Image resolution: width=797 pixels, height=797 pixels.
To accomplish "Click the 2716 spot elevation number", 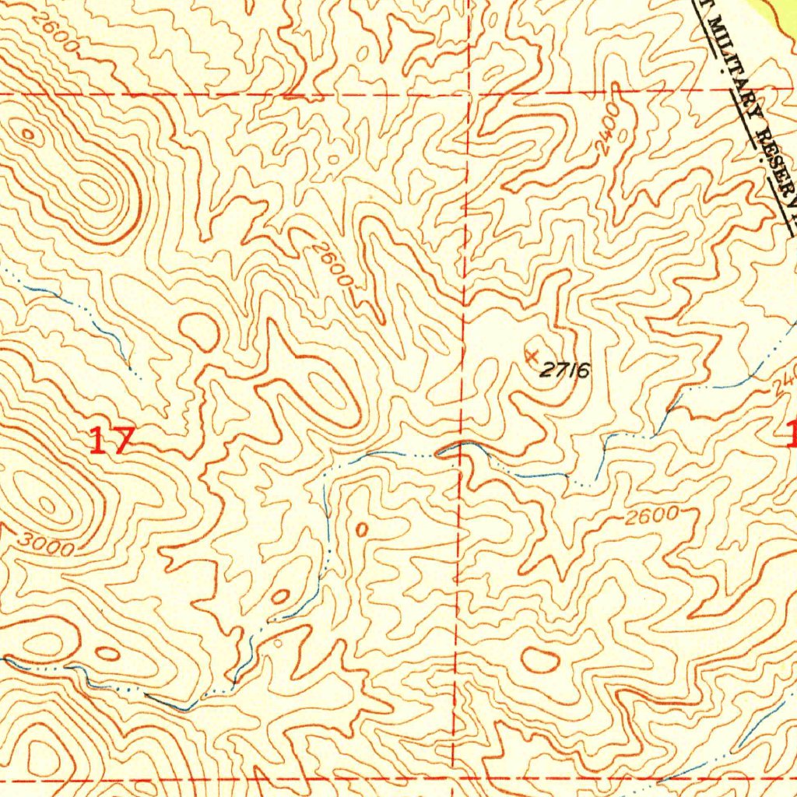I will pyautogui.click(x=564, y=370).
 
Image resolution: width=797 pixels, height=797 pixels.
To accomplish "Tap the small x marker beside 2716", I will pyautogui.click(x=532, y=356).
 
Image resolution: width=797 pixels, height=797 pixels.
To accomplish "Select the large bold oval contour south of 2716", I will pyautogui.click(x=539, y=660).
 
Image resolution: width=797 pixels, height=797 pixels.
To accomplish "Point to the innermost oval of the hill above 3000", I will pyautogui.click(x=47, y=504).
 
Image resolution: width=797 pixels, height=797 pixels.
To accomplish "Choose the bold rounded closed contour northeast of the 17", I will pyautogui.click(x=199, y=332).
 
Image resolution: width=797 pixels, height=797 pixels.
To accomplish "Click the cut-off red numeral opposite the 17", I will pyautogui.click(x=792, y=434).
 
